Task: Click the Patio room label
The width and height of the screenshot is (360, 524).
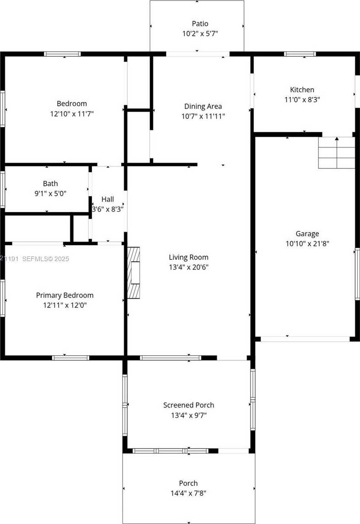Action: pos(200,24)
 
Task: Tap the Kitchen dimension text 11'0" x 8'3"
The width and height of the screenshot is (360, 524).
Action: pos(302,99)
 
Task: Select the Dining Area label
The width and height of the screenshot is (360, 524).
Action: pos(203,107)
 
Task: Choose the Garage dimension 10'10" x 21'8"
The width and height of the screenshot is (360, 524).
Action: pos(307,244)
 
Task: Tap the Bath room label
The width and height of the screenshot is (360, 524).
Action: pos(50,184)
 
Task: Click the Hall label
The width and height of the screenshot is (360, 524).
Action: pos(107,199)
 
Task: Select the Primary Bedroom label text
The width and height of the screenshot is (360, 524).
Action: pos(64,295)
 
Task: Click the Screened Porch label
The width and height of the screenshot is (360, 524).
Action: pos(188,405)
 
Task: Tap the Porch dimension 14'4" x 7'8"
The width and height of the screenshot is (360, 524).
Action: pos(188,493)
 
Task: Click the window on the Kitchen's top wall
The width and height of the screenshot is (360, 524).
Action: pos(300,54)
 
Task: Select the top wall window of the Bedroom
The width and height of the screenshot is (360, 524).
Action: pos(63,54)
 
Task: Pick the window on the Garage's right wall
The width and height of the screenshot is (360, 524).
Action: pos(357,274)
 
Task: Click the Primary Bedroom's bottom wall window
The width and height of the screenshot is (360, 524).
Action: pos(70,358)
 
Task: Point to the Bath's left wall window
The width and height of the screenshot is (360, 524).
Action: pos(2,189)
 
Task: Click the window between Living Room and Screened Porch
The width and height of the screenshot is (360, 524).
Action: pos(170,358)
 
